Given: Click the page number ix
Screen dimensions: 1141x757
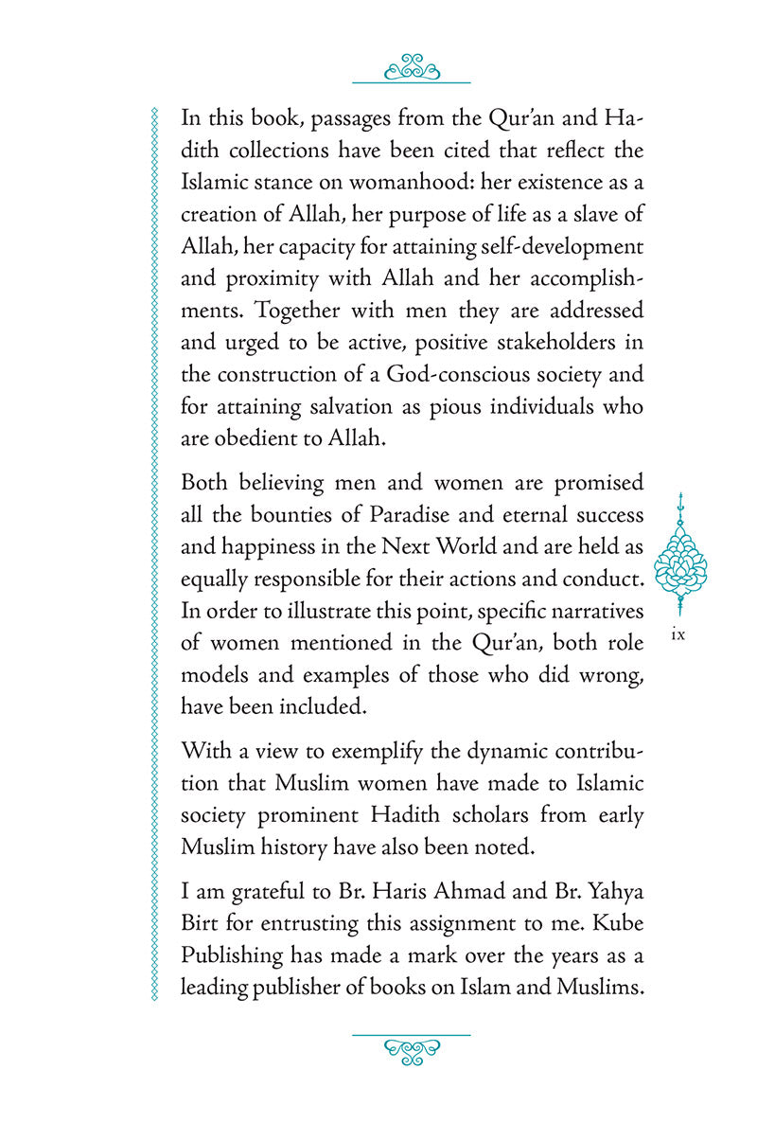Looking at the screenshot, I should (x=677, y=634).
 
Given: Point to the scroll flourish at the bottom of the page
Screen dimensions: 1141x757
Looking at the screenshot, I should (x=411, y=1048).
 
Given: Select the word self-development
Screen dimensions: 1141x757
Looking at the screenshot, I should (x=564, y=245).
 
